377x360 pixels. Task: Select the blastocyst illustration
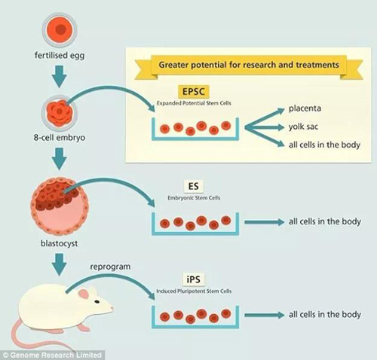coord(60,206)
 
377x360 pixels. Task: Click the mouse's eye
coord(97,301)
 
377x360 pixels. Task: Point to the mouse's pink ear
coord(83,294)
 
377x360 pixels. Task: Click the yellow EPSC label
coord(194,91)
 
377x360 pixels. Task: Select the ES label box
coord(194,187)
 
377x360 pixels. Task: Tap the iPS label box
coord(194,279)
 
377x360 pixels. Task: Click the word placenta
coord(305,108)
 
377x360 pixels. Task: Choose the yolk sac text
coord(303,127)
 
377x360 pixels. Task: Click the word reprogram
coord(110,267)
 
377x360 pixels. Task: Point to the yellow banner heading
coord(249,65)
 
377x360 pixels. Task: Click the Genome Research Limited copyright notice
coord(52,355)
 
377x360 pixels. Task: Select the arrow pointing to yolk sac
coord(265,127)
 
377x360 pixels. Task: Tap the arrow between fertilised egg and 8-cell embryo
coord(60,77)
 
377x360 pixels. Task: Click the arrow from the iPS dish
coord(265,315)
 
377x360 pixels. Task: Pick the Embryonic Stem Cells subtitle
coord(194,198)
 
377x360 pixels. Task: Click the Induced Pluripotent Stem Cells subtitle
coord(194,291)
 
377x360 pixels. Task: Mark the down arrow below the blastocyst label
coord(60,264)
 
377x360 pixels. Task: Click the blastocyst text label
coord(60,243)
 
